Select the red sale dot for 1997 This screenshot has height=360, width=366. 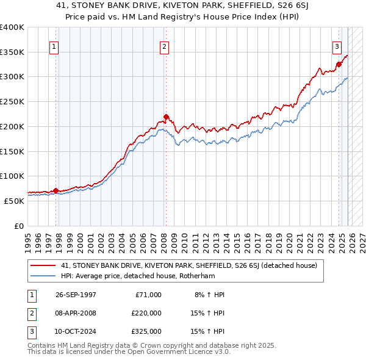click(56, 190)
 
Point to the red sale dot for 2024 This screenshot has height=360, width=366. click(339, 64)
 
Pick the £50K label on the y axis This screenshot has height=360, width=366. click(15, 200)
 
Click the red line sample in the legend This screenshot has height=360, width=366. click(44, 265)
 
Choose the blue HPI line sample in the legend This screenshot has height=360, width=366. click(44, 275)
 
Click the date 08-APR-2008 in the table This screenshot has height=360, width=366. click(76, 312)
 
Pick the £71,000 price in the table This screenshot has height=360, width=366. click(148, 294)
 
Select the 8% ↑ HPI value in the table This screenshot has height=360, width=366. click(209, 294)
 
